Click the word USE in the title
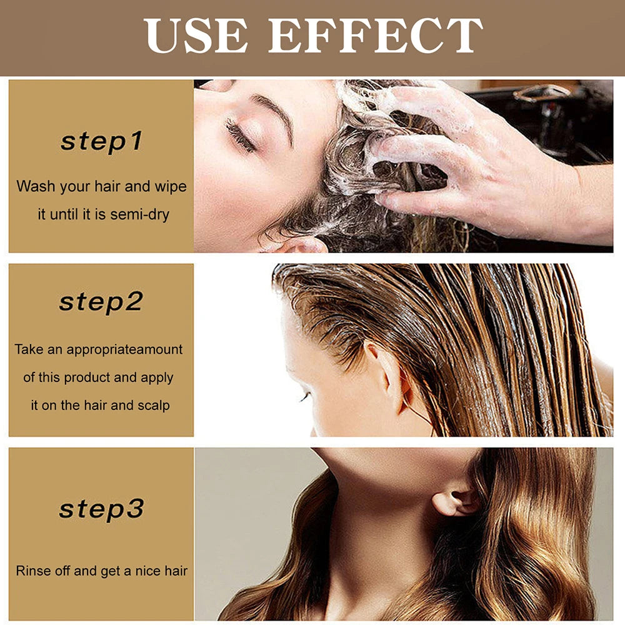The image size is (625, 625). pos(194,36)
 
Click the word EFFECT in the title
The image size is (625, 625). pos(375,36)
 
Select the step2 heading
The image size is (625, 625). pos(101,302)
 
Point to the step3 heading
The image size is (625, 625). pos(101,509)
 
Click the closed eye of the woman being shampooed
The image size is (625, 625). pos(241,134)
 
